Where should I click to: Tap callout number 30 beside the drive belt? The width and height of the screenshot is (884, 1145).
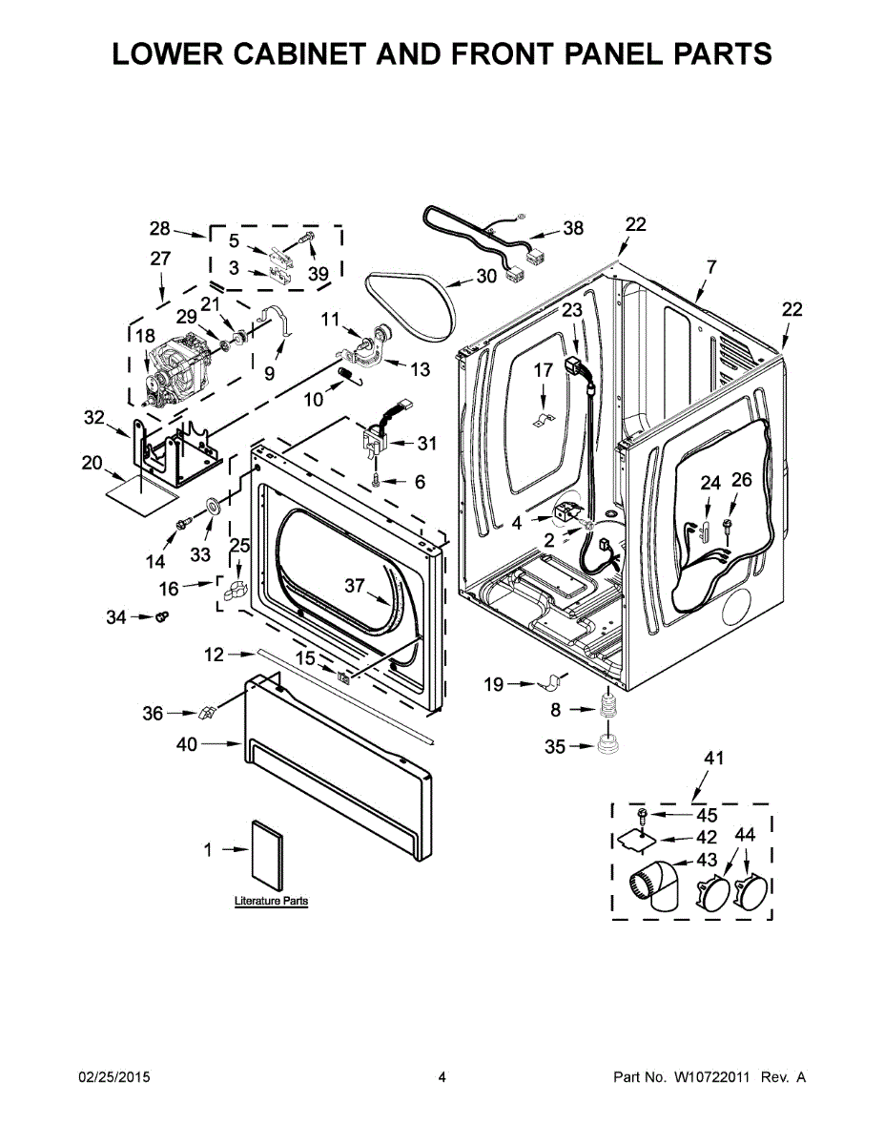(486, 276)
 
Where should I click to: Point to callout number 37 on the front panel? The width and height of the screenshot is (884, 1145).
(355, 585)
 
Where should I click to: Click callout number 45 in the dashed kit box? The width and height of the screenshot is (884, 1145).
(707, 815)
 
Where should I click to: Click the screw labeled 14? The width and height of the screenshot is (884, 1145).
(184, 523)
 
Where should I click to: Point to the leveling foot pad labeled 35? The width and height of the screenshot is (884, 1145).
(607, 745)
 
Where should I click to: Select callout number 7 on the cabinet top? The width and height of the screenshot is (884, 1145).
(710, 267)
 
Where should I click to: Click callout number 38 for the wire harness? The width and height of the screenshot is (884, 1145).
(573, 228)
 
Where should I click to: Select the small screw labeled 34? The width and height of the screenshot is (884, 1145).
(161, 615)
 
